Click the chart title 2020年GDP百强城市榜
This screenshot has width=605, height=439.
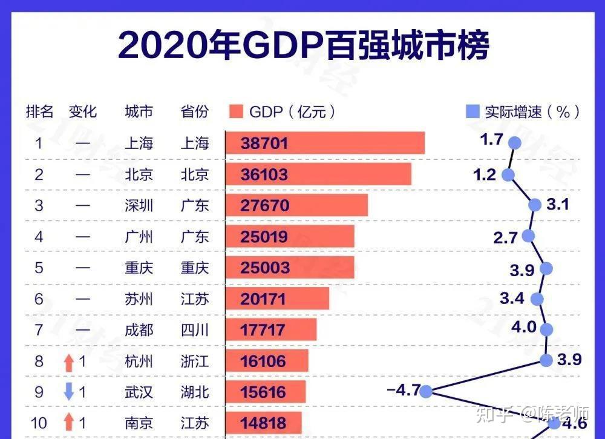click(x=302, y=45)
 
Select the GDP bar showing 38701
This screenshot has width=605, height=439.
click(x=325, y=144)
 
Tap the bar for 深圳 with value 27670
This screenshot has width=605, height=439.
click(x=296, y=205)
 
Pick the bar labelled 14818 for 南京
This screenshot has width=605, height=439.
click(x=263, y=422)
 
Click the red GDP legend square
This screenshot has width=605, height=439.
click(x=237, y=111)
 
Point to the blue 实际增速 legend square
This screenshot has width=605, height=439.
click(x=472, y=111)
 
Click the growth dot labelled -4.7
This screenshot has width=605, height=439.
click(x=426, y=391)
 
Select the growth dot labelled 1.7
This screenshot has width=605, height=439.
click(x=515, y=143)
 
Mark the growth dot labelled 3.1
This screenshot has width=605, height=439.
click(x=535, y=205)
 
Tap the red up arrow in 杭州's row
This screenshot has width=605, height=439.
click(x=69, y=362)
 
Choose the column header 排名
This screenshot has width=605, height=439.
click(x=39, y=111)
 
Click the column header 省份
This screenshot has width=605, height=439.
click(x=194, y=111)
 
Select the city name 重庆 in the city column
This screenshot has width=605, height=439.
click(x=139, y=268)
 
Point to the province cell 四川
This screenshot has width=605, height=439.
click(x=194, y=330)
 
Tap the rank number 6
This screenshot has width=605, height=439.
click(x=39, y=299)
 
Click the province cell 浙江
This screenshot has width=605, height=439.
click(x=194, y=361)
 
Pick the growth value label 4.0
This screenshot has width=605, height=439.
click(x=523, y=328)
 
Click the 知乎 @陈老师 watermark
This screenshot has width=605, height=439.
click(x=532, y=414)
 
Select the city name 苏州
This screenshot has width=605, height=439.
click(x=139, y=299)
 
